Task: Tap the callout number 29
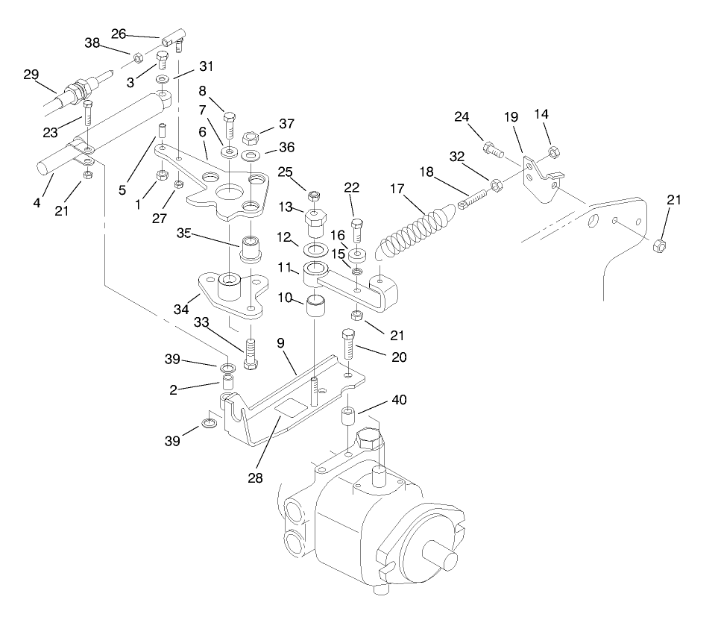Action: click(x=30, y=75)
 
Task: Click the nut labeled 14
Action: click(x=553, y=153)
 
